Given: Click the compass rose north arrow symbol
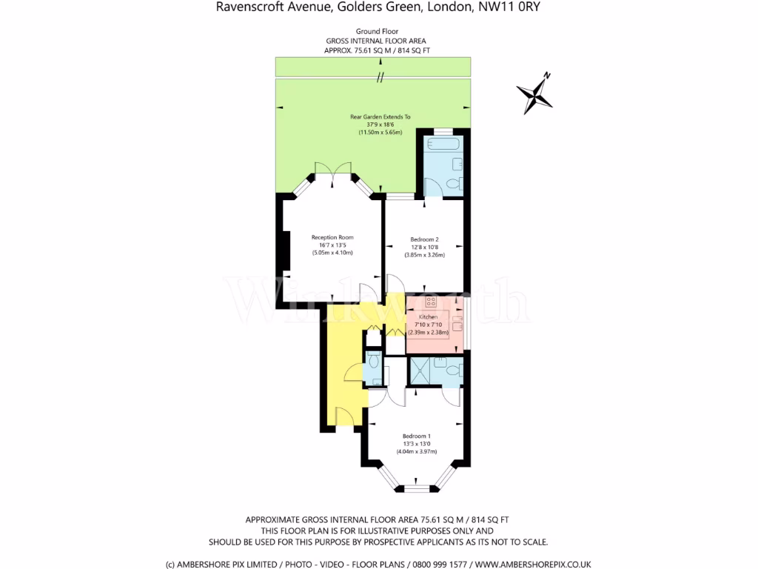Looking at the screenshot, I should click(535, 94).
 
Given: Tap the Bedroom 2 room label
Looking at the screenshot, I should click(425, 239).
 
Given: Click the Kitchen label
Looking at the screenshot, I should click(429, 317).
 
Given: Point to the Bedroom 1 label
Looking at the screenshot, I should click(417, 436).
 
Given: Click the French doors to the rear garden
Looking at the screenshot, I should click(332, 171).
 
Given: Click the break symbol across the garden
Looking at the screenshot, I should click(380, 78).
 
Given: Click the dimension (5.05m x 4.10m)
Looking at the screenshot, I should click(332, 253).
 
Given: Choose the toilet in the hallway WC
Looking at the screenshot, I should click(374, 362).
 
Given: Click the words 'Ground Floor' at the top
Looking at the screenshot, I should click(376, 31).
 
